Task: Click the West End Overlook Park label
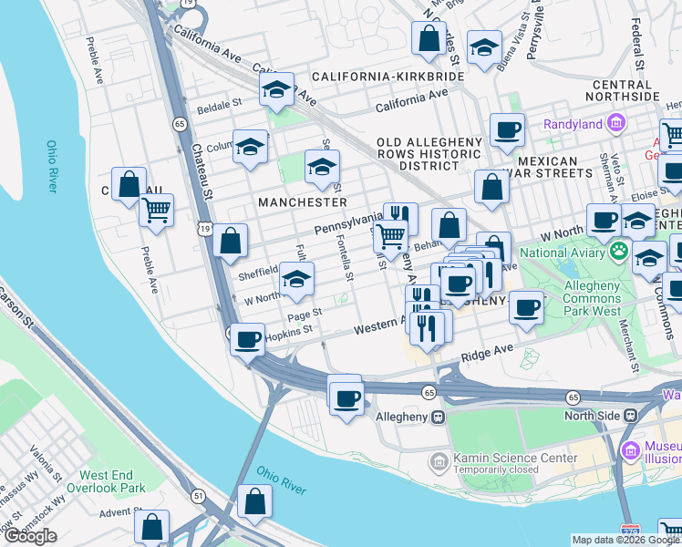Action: (x=112, y=481)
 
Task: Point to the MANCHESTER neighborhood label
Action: (x=303, y=201)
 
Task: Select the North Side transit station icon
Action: (x=629, y=415)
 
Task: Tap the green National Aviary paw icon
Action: (x=618, y=248)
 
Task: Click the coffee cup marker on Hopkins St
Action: (x=247, y=339)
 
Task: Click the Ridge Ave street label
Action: (x=488, y=352)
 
